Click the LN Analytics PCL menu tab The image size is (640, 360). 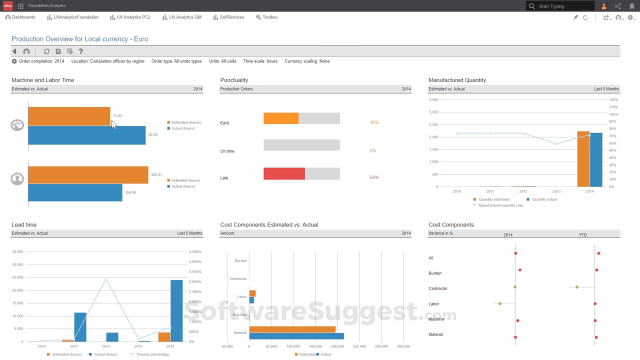[130, 17]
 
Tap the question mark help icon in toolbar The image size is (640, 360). [80, 51]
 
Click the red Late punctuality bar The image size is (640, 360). [284, 173]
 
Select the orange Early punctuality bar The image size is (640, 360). [281, 118]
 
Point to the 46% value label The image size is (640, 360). [374, 122]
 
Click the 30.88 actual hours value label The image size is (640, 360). [152, 135]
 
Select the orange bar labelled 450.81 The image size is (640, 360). [88, 175]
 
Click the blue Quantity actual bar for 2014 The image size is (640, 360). [596, 160]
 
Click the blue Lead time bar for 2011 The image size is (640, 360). [80, 327]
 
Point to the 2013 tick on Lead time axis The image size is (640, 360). [138, 346]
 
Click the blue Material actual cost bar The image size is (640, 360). [296, 336]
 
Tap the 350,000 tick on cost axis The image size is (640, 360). [403, 346]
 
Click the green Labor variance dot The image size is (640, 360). [500, 303]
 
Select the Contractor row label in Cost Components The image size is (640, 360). [438, 288]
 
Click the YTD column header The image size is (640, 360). [582, 235]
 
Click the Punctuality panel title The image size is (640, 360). [234, 80]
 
